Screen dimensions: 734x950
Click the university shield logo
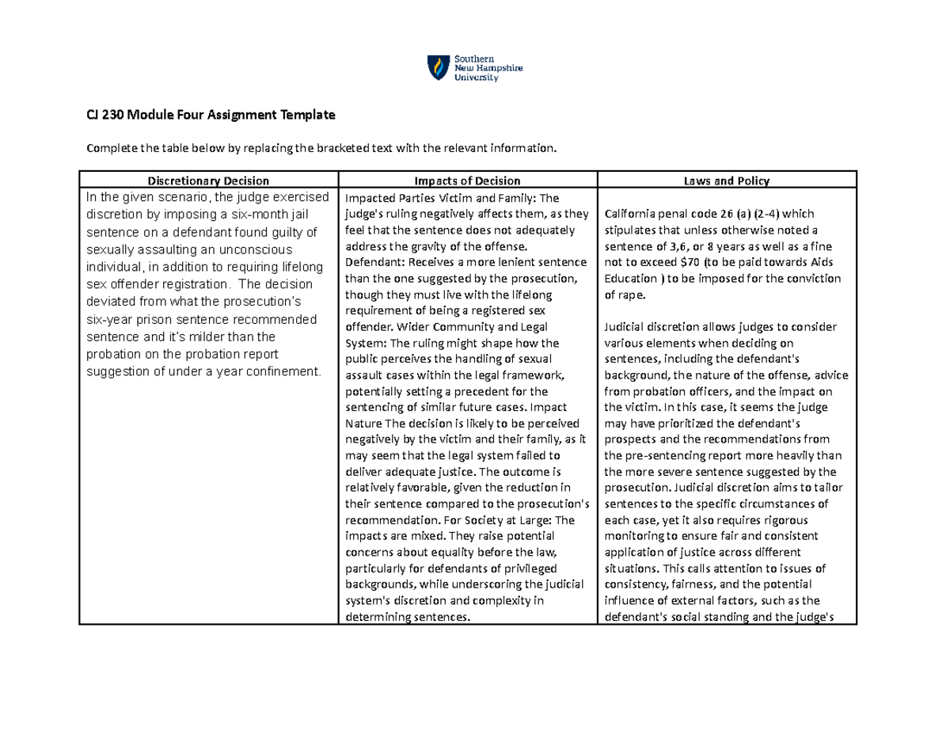pyautogui.click(x=436, y=68)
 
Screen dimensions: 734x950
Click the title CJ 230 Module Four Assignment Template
pyautogui.click(x=211, y=116)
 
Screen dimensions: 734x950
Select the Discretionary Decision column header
pyautogui.click(x=208, y=181)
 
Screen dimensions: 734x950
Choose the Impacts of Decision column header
pyautogui.click(x=468, y=181)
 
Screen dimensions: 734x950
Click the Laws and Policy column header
pyautogui.click(x=728, y=181)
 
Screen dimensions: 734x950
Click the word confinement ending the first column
pyautogui.click(x=283, y=371)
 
